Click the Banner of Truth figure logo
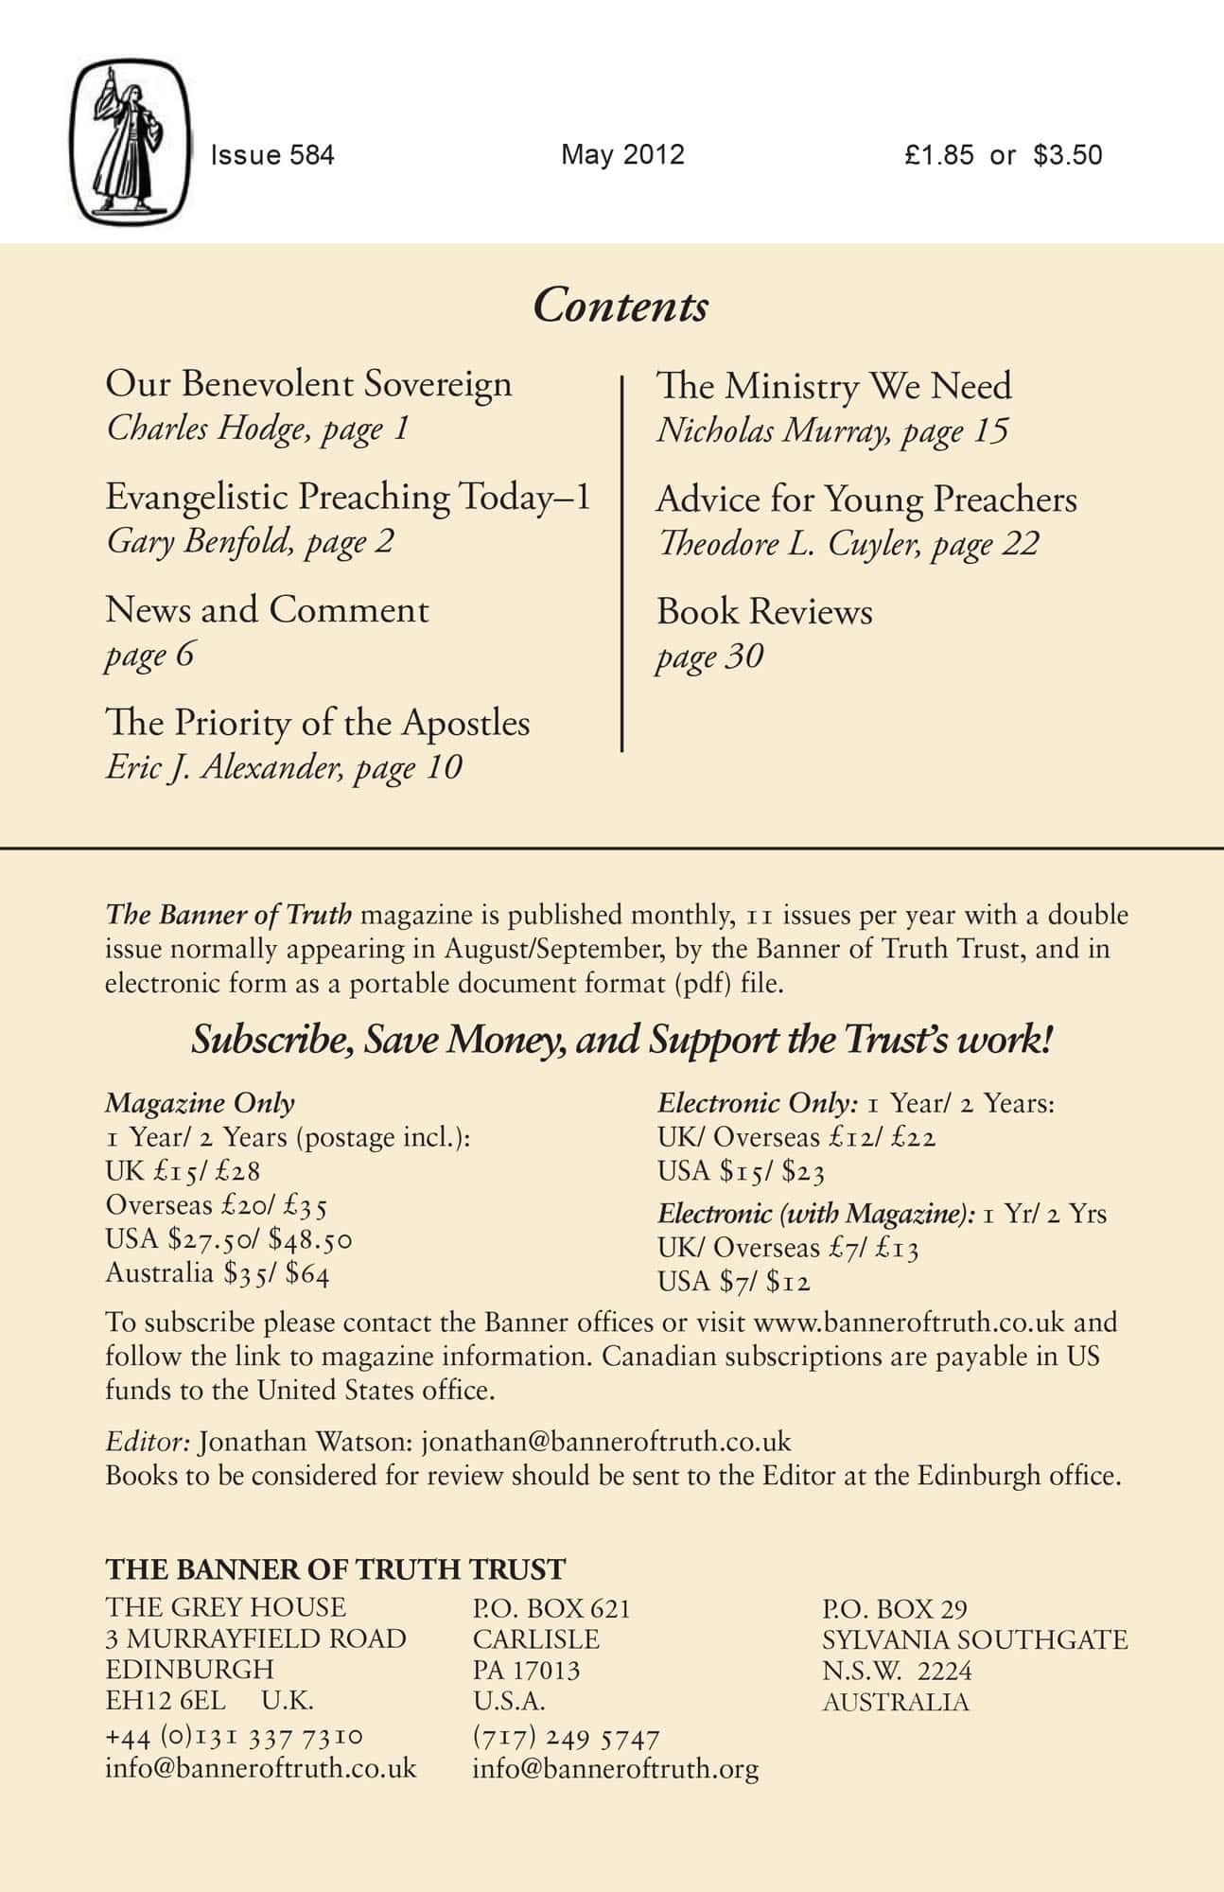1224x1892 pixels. coord(131,142)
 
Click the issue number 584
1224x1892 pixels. coord(312,155)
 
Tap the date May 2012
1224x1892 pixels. coord(622,154)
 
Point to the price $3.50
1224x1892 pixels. coord(1068,155)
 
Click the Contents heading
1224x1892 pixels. coord(620,306)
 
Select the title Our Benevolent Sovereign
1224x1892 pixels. coord(308,384)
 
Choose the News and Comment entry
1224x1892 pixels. coord(267,610)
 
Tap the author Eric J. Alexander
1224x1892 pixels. coord(219,767)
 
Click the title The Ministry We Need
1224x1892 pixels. coord(833,386)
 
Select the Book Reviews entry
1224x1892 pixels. coord(764,612)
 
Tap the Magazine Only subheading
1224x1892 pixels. coord(200,1103)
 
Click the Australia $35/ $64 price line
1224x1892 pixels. coord(218,1273)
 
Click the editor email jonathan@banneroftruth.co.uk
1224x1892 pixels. coord(605,1442)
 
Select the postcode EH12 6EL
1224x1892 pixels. coord(166,1700)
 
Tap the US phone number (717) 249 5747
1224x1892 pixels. coord(566,1738)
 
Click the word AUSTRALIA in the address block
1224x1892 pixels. coord(895,1702)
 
